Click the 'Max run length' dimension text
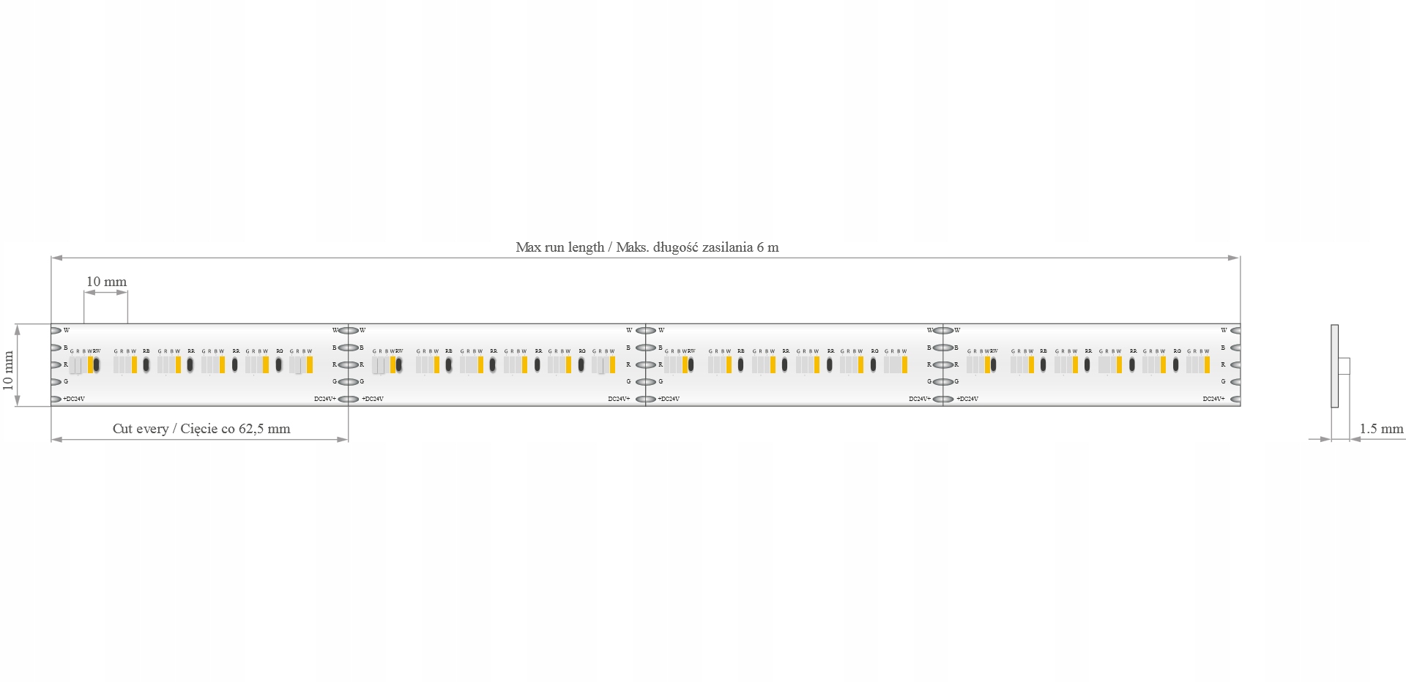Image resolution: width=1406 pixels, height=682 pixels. point(647,247)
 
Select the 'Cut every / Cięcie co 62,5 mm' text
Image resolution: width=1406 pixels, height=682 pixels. point(201,429)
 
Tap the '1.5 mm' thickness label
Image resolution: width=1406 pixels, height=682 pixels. point(1381,429)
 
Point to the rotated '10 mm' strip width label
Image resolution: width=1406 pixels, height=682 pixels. point(9,370)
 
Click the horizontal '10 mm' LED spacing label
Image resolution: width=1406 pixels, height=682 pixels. point(106,282)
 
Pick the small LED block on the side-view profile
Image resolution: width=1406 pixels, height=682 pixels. point(1344,366)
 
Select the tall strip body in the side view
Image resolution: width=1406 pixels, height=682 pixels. point(1334,366)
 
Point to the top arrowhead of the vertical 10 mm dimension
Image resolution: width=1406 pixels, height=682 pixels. point(18,329)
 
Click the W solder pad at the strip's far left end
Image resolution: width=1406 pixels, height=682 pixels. point(56,331)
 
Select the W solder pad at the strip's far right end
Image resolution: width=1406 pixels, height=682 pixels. point(1235,331)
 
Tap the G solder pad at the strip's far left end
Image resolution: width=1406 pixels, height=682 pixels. point(56,382)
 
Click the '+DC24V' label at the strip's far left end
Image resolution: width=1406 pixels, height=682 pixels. point(74,399)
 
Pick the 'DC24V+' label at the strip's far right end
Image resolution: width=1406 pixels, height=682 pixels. point(1213,399)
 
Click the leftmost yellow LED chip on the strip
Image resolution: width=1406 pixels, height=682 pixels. point(91,364)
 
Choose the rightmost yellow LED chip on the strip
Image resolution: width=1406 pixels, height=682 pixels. point(1207,364)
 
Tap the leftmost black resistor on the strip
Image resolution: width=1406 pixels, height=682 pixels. point(97,364)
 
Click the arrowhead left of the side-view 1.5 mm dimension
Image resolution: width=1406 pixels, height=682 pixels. point(1325,439)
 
